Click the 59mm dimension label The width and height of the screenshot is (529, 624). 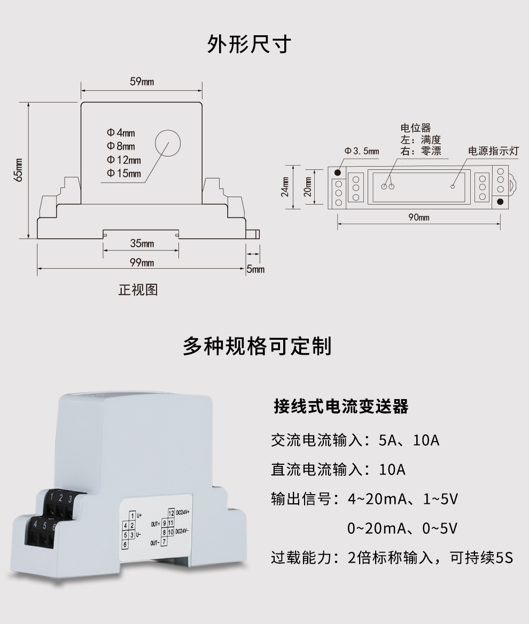point(142,82)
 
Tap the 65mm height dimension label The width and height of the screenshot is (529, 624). point(19,170)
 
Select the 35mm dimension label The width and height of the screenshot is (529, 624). point(142,244)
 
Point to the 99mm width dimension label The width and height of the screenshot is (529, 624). point(142,262)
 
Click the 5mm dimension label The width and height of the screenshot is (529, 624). point(255,269)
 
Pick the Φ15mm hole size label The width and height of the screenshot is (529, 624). point(123,173)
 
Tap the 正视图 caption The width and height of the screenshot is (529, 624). point(138,290)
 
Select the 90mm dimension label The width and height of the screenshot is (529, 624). point(418,217)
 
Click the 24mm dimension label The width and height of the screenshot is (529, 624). point(285,186)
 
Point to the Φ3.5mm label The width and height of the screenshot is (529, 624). point(362,151)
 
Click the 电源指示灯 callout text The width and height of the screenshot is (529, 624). point(493,151)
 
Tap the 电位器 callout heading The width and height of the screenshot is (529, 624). point(415,128)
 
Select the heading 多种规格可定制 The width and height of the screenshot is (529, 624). point(257,346)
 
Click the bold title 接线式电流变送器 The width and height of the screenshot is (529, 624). point(341,407)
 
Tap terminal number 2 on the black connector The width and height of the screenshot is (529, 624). point(60,499)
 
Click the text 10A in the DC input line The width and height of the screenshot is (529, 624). point(392,470)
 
